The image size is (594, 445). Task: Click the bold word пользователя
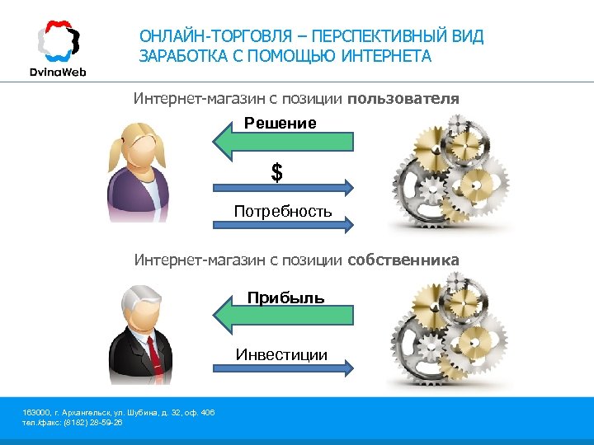[403, 99]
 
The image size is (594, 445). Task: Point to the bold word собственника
[403, 260]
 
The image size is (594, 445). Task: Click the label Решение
[280, 124]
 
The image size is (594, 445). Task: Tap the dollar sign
[277, 173]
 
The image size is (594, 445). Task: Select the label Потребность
[283, 212]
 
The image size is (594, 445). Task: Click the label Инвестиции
[281, 355]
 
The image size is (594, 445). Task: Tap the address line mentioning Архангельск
[119, 412]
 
